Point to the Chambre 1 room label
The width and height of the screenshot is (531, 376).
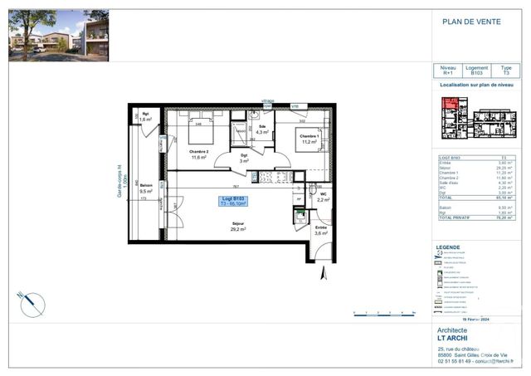pos(309,139)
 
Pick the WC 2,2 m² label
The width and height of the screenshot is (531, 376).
pos(323,197)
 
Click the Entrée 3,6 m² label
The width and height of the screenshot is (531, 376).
pos(321,230)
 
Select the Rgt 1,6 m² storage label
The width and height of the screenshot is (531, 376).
pos(145,117)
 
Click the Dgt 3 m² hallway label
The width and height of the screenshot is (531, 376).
pos(244,158)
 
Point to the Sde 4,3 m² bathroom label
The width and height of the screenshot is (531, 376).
pos(262,129)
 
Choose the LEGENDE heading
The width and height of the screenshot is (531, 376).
pos(447,247)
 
